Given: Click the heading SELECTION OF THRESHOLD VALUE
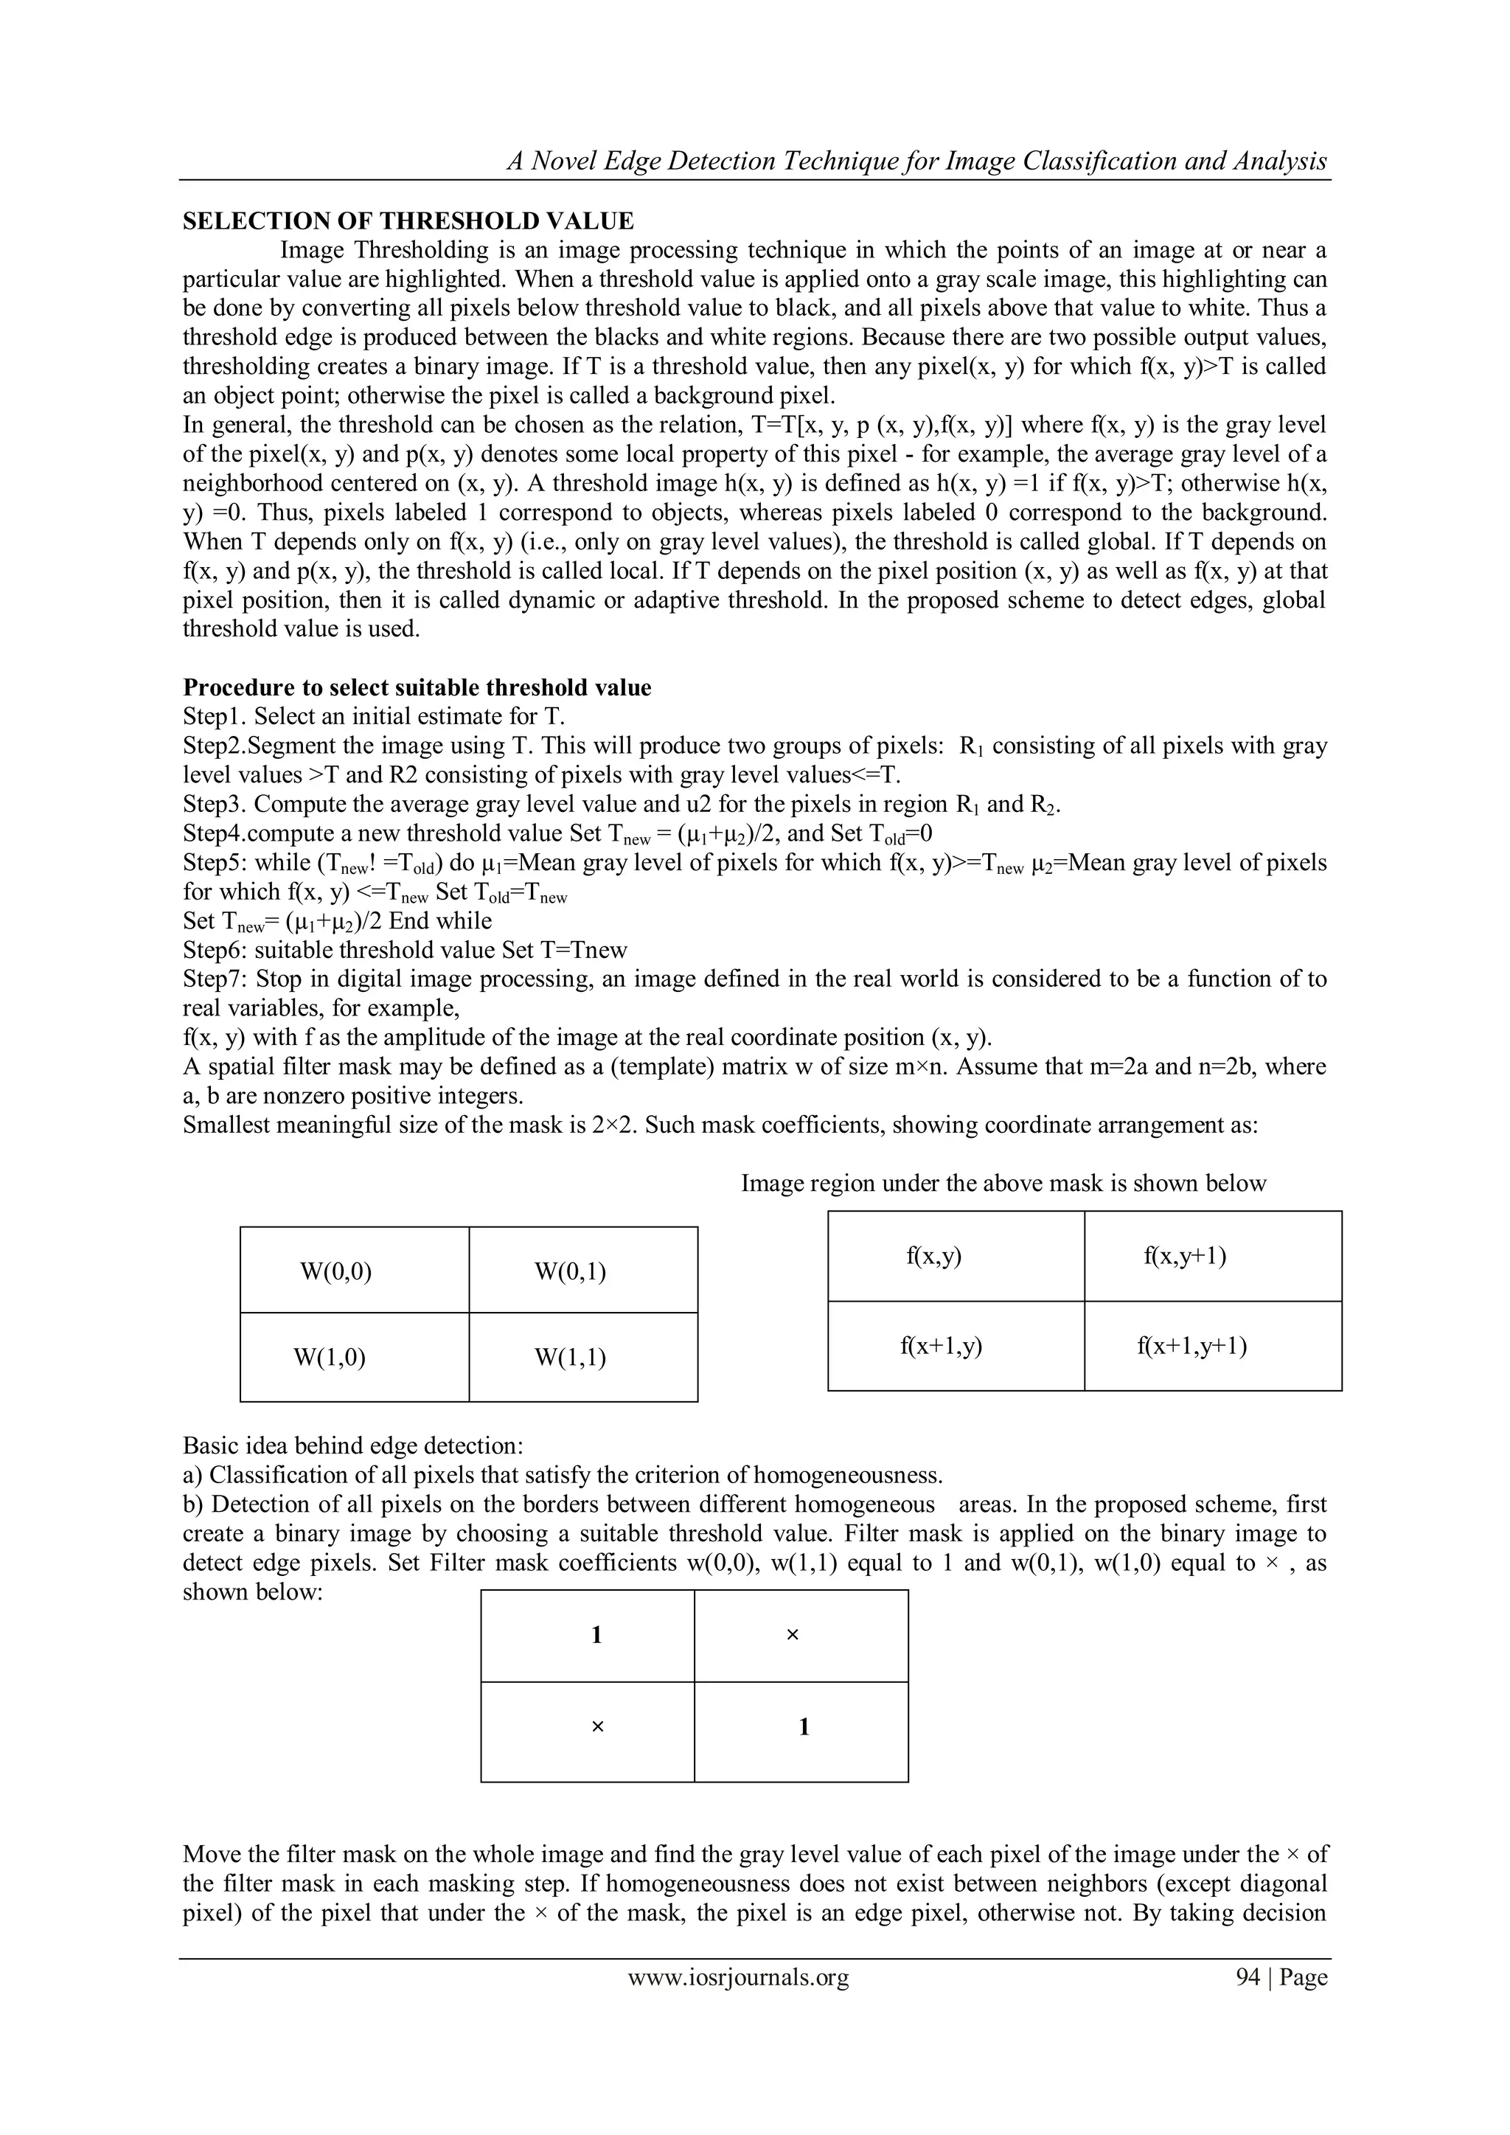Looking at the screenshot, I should pos(408,221).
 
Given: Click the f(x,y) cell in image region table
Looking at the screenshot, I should pos(933,1256).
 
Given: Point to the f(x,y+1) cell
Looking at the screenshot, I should pos(1185,1256).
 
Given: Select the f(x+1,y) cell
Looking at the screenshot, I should pos(941,1346).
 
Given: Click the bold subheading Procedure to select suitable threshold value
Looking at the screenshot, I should pos(417,687).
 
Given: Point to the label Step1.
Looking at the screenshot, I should pos(214,717).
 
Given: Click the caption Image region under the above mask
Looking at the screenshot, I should pos(1003,1184).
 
